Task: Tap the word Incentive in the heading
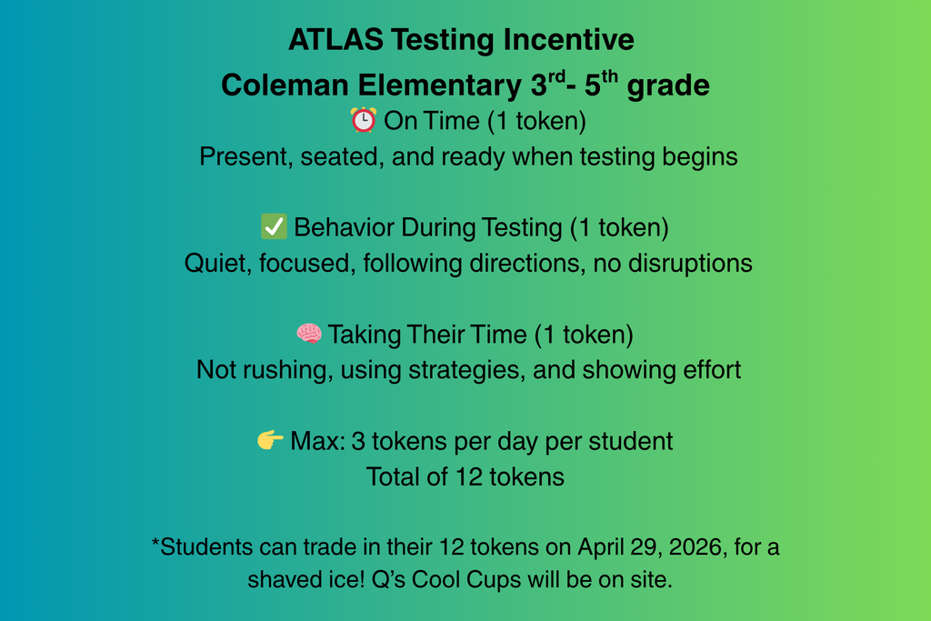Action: [568, 40]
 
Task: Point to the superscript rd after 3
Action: [556, 76]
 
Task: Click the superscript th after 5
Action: [610, 76]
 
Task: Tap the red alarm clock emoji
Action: [364, 120]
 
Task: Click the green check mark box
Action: [274, 226]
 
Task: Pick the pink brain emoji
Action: [309, 334]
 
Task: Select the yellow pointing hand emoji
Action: [270, 440]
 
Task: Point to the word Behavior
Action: [344, 227]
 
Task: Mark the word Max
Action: [316, 441]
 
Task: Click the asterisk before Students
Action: [155, 543]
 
